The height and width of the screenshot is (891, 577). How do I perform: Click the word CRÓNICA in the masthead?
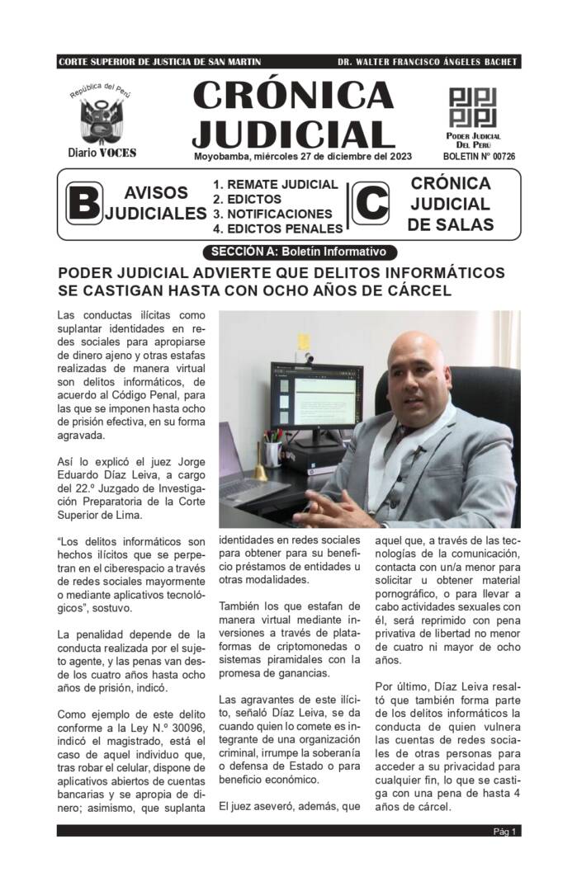click(x=293, y=97)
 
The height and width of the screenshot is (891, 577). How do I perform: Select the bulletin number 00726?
click(x=500, y=156)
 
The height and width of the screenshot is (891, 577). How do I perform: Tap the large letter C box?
click(x=371, y=204)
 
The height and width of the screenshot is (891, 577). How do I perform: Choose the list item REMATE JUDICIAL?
click(x=276, y=185)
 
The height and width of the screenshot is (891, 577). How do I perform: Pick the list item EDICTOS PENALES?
click(x=277, y=229)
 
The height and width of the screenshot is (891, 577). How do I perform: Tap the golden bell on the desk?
click(x=261, y=469)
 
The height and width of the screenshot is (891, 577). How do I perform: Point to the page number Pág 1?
click(x=505, y=831)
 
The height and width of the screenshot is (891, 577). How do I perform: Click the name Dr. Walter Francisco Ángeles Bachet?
click(x=428, y=63)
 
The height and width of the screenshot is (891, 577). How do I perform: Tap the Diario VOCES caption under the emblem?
click(x=102, y=153)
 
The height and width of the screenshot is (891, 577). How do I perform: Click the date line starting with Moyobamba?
click(x=303, y=156)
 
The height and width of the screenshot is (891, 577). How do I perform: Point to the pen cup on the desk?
click(x=272, y=452)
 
